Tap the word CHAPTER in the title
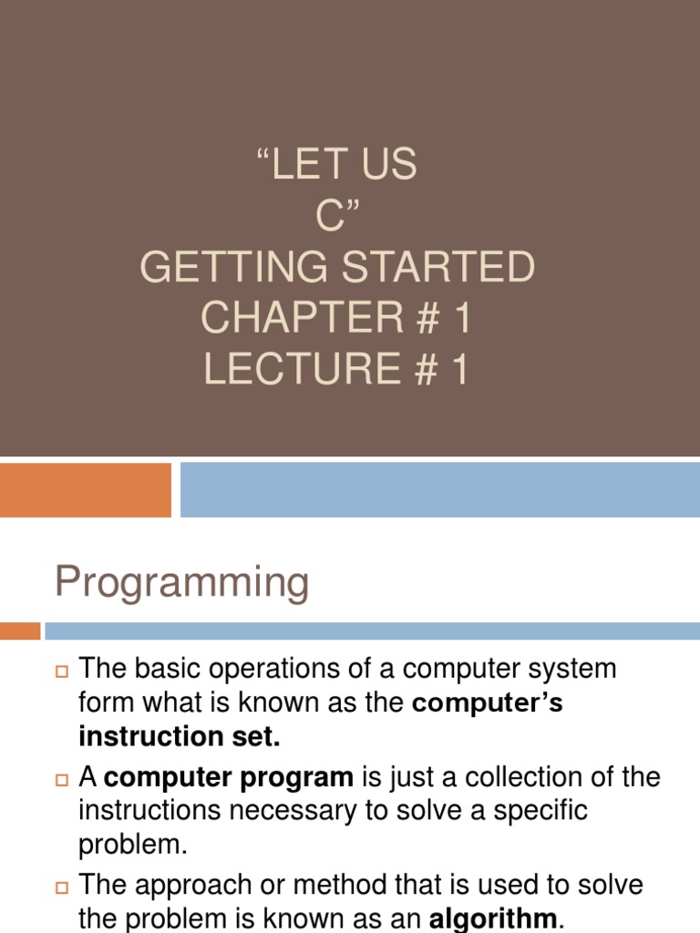(300, 318)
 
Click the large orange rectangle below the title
(86, 489)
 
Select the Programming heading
(182, 581)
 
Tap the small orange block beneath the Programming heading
(20, 631)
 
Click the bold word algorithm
(492, 918)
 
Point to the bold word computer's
(488, 703)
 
